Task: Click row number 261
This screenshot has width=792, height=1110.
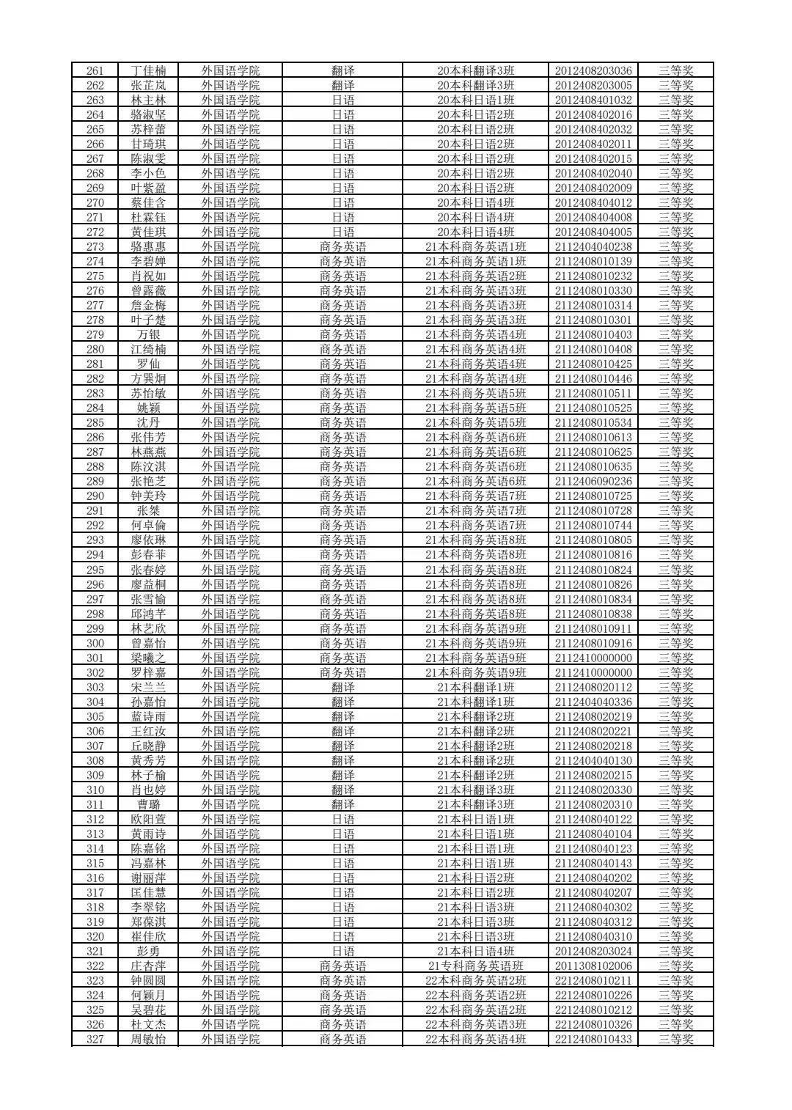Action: tap(95, 70)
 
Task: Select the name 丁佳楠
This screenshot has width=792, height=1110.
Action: tap(148, 70)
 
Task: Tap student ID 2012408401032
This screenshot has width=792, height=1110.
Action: tap(593, 100)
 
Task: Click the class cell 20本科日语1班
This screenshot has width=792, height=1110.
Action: tap(475, 100)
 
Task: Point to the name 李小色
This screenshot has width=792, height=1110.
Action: tap(148, 173)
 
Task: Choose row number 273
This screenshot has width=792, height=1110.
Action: tap(95, 246)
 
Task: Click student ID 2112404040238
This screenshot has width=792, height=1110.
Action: tap(593, 246)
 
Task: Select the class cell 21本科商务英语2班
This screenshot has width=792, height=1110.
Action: tap(475, 276)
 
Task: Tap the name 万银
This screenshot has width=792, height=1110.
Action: tap(148, 334)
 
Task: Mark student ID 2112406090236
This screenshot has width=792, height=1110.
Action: tap(593, 481)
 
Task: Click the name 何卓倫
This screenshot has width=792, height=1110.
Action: tap(148, 525)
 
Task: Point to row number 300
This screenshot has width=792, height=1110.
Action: tap(95, 643)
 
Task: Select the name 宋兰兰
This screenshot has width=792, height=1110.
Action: tap(148, 687)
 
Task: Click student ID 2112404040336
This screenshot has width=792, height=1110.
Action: tap(593, 702)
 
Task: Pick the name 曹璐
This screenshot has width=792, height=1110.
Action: tap(148, 804)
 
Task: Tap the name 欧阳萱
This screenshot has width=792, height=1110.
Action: tap(148, 819)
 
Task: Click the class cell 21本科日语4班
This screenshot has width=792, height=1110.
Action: tap(475, 951)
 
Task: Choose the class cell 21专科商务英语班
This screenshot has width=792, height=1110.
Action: tap(475, 966)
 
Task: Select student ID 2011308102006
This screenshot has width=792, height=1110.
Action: tap(593, 966)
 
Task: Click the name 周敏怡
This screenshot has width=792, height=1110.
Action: tap(148, 1039)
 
